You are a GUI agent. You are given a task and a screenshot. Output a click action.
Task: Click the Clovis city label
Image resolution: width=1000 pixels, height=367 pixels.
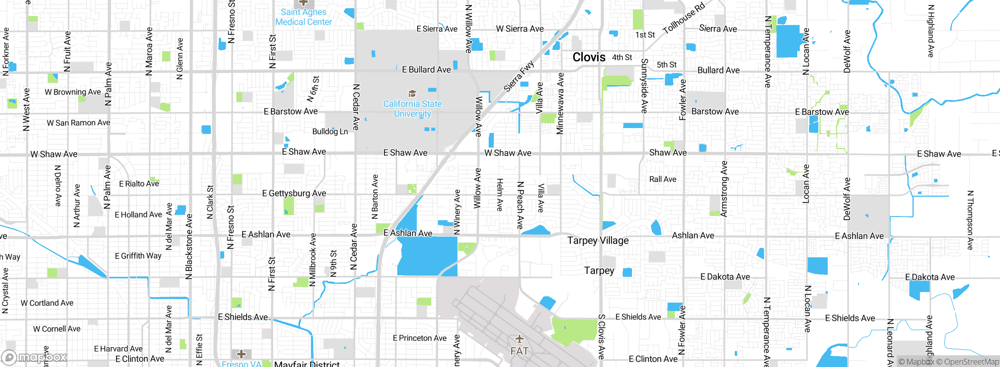click(x=589, y=57)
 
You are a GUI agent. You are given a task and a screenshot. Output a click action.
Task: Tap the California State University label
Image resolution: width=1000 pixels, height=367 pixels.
click(x=412, y=109)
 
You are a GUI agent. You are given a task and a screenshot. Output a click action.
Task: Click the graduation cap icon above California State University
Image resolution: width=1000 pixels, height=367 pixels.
click(x=412, y=93)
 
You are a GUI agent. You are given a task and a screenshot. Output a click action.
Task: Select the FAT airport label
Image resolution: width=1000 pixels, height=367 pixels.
click(x=519, y=351)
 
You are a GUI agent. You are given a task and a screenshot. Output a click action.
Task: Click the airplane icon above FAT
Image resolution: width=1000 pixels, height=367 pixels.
click(x=519, y=338)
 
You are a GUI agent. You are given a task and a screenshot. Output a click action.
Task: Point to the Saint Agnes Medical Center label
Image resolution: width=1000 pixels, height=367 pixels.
click(x=304, y=17)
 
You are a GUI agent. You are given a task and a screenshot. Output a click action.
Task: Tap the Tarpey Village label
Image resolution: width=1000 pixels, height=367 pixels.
click(x=598, y=241)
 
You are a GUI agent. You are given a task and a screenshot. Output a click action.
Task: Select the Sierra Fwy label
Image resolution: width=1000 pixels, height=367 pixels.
click(x=518, y=76)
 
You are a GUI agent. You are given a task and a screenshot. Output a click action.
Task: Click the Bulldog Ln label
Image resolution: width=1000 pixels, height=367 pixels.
click(x=330, y=132)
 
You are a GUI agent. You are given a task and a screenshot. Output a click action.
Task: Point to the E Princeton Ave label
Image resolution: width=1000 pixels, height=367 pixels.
click(x=420, y=338)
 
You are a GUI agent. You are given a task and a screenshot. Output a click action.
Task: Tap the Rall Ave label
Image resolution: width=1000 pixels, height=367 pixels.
click(x=662, y=179)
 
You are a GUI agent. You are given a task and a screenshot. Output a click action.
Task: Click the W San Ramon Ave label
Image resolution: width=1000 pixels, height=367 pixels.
click(x=79, y=123)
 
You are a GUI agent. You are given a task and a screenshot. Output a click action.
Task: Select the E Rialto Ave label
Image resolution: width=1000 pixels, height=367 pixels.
click(x=139, y=184)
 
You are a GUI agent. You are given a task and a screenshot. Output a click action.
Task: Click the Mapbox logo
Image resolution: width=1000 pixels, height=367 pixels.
click(x=34, y=357)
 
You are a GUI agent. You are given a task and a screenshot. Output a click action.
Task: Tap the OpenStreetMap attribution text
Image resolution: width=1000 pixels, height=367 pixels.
click(x=967, y=362)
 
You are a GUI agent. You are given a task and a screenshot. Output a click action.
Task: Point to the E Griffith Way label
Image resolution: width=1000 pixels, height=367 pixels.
click(x=138, y=256)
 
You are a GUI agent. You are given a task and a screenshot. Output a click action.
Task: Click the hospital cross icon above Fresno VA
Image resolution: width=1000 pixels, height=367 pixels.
click(x=241, y=354)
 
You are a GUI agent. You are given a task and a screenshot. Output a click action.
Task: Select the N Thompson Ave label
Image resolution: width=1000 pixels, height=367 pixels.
click(x=970, y=220)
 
